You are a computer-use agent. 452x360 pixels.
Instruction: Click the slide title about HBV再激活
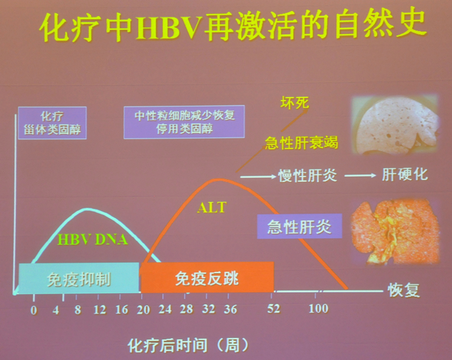(233, 25)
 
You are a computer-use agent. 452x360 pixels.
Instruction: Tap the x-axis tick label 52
(273, 309)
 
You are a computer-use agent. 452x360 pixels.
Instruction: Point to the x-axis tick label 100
(318, 309)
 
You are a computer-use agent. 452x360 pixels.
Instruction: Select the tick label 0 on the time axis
(34, 310)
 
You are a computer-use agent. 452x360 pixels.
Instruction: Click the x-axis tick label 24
(165, 309)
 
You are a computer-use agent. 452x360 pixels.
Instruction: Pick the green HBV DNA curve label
(93, 240)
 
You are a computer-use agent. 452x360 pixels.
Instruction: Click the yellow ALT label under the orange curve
(212, 207)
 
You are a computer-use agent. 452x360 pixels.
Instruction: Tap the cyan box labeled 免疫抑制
(79, 279)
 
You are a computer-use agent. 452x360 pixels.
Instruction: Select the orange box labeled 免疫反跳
(207, 277)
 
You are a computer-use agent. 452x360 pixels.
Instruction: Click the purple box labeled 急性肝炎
(299, 226)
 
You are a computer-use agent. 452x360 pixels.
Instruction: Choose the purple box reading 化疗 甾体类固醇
(52, 123)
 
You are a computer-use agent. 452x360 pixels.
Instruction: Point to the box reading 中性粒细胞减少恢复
(184, 122)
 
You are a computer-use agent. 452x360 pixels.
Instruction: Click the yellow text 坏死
(294, 103)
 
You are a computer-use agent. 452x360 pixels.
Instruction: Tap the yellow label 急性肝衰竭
(302, 142)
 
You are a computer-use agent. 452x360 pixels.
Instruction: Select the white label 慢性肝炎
(307, 175)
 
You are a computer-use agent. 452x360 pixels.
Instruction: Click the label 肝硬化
(405, 174)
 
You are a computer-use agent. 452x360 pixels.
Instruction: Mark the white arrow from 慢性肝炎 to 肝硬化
(360, 175)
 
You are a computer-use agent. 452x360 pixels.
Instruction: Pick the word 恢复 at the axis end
(403, 290)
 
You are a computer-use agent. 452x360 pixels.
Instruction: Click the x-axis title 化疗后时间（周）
(189, 345)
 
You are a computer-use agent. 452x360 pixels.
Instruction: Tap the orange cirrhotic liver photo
(395, 232)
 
